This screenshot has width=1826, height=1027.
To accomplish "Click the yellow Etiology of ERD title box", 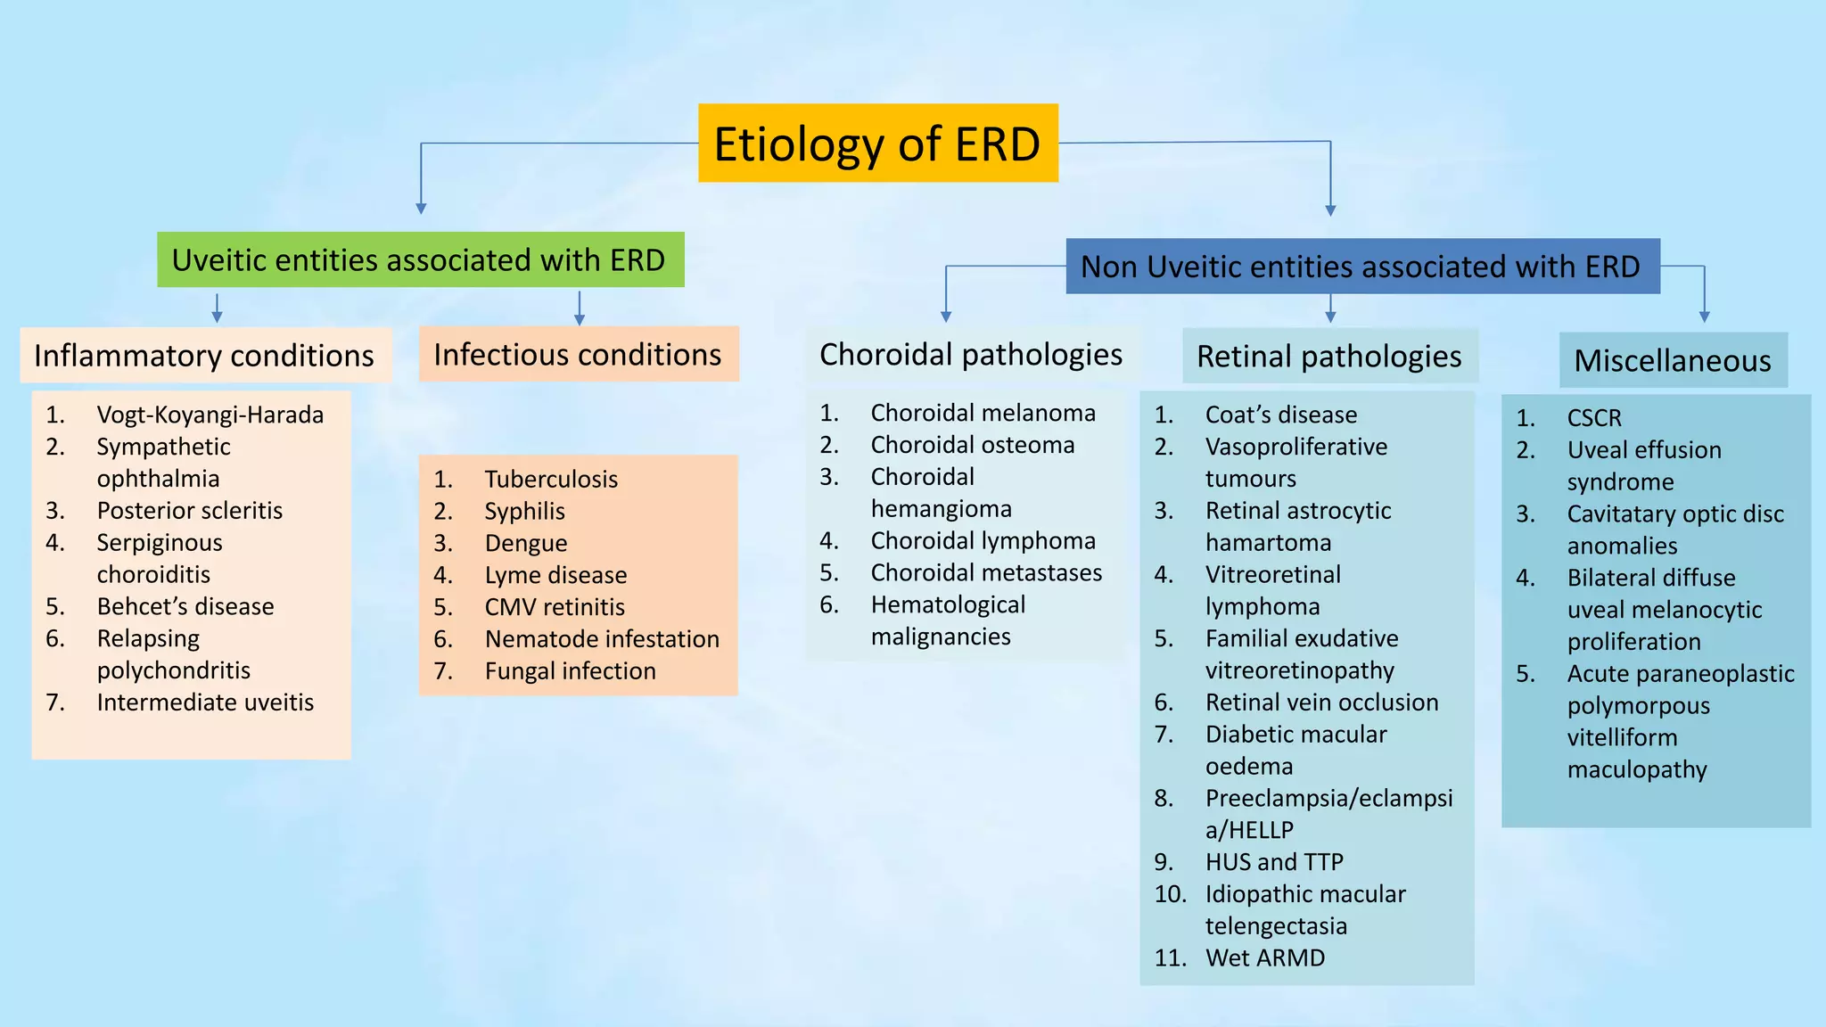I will click(x=877, y=144).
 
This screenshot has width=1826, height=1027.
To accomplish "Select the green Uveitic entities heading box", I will click(x=420, y=260).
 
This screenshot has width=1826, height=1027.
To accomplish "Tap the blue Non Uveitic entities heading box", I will click(x=1361, y=267).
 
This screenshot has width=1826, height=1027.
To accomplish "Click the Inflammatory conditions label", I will click(x=204, y=356).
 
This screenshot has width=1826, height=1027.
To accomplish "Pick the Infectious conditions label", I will click(x=578, y=355).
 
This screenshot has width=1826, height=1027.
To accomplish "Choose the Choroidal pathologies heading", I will click(x=970, y=355).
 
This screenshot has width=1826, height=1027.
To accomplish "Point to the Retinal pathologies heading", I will click(x=1328, y=357).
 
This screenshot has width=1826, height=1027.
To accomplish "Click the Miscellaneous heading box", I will click(x=1672, y=360).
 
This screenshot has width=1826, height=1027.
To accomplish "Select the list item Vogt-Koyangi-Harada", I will click(x=210, y=415).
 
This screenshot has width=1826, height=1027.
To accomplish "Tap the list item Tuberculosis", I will click(x=551, y=480).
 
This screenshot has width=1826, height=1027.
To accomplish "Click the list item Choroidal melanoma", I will click(x=983, y=413).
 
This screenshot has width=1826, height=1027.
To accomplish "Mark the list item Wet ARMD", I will click(x=1264, y=958).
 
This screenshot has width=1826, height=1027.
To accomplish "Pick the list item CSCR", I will click(x=1593, y=418).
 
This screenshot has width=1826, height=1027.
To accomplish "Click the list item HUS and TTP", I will click(x=1273, y=862).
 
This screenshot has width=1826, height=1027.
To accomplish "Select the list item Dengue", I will click(x=525, y=544).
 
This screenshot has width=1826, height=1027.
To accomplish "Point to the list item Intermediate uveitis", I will click(x=205, y=702).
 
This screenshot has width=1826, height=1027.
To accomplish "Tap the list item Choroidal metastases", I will click(x=986, y=572).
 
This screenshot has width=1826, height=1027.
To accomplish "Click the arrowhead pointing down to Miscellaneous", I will click(x=1704, y=316).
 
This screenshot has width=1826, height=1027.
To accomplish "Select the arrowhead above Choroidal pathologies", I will click(x=946, y=316).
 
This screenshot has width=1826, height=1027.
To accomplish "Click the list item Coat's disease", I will click(x=1280, y=415).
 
